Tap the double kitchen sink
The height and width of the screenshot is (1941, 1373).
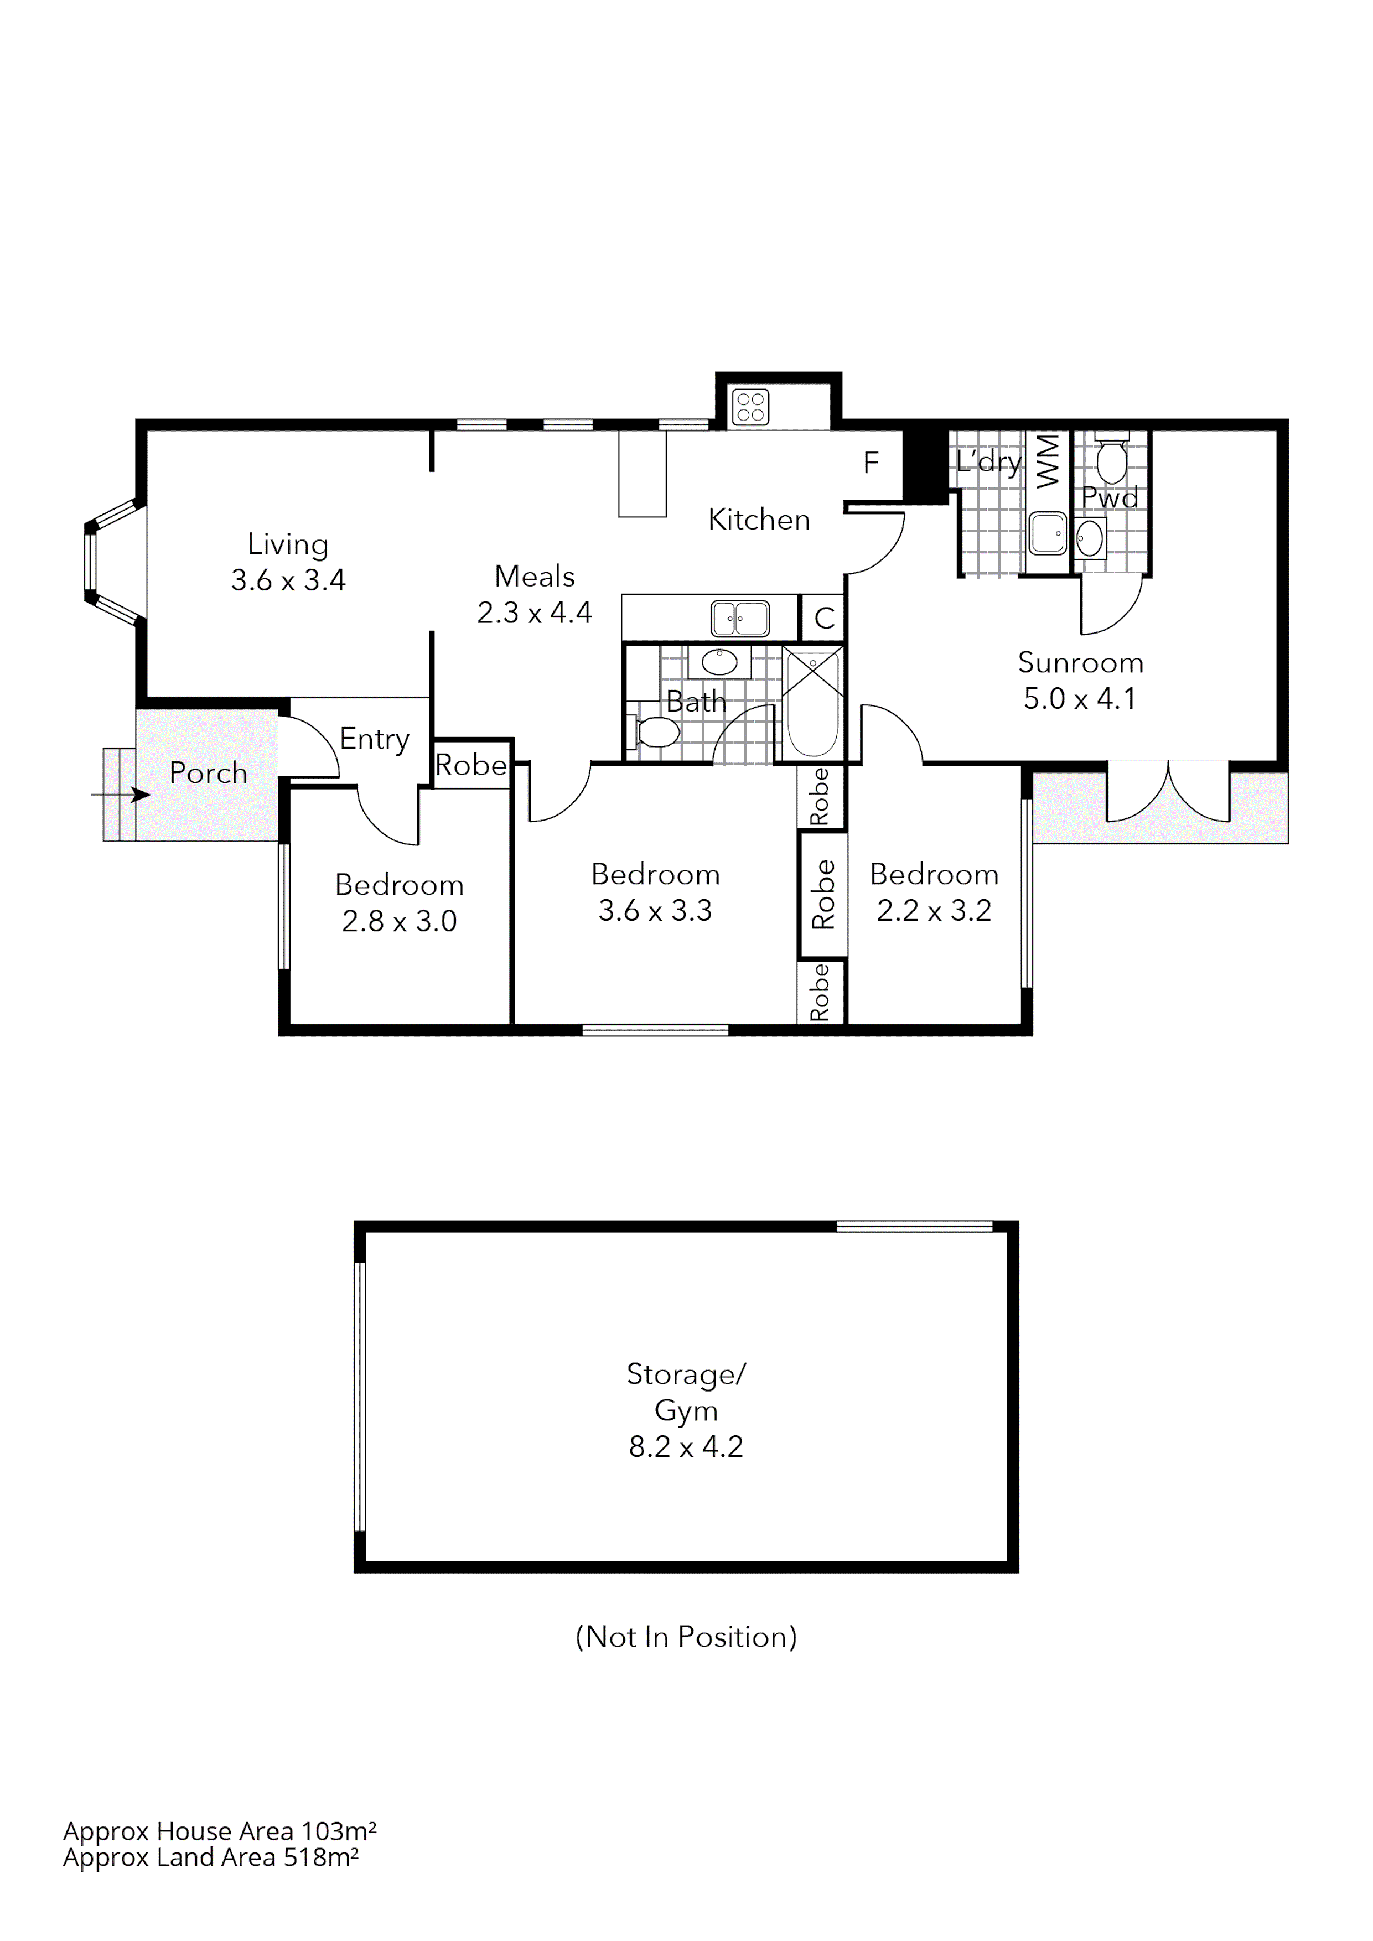(x=740, y=618)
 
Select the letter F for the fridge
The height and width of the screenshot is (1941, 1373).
(x=871, y=463)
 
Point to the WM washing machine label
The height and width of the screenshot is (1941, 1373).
(x=1048, y=461)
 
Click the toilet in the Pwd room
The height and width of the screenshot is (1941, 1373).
(x=1111, y=459)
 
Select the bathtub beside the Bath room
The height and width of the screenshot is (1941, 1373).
(x=812, y=703)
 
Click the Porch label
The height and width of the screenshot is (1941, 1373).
(x=208, y=774)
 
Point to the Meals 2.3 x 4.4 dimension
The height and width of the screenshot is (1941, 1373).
(x=535, y=612)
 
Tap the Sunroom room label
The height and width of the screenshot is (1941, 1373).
(x=1080, y=663)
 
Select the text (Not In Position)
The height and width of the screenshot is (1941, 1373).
(x=686, y=1637)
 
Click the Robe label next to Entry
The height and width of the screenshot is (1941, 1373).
(x=471, y=765)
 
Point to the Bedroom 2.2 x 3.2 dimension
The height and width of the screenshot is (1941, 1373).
(x=934, y=911)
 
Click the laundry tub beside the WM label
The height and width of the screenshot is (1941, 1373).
(x=1048, y=533)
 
